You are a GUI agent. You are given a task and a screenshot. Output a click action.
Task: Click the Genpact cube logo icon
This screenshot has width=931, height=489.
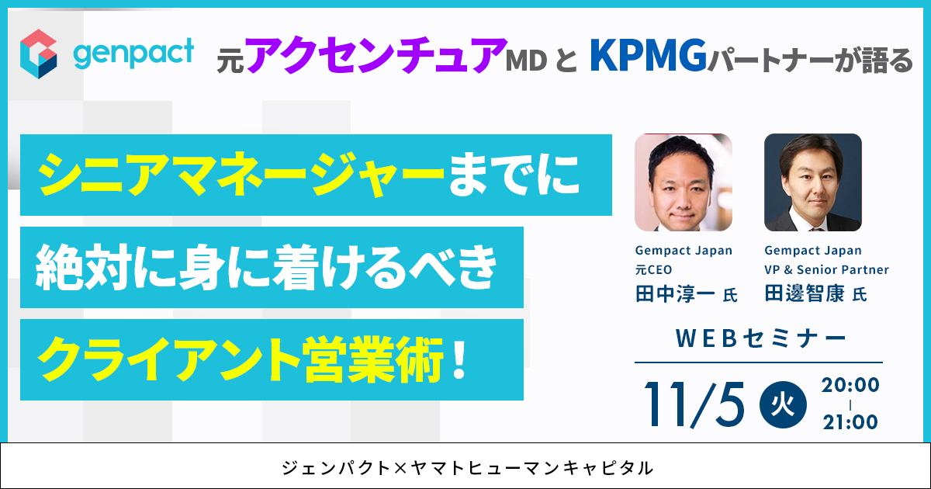[x=39, y=54]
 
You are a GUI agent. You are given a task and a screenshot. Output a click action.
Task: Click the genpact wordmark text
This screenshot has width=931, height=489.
[x=133, y=54]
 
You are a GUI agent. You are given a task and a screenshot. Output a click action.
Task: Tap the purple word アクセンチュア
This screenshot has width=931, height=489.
[x=376, y=54]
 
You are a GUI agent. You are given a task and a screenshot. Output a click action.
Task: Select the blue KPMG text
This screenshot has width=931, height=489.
[x=649, y=55]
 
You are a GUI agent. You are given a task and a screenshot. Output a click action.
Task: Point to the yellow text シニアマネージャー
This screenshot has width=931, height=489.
[x=241, y=175]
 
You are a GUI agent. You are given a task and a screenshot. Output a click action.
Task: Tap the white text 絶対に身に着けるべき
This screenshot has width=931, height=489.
[x=266, y=267]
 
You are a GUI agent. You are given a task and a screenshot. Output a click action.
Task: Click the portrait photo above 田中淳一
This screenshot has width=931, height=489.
[x=684, y=182]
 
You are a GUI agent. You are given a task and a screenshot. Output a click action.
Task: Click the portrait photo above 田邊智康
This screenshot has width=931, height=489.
[x=813, y=182]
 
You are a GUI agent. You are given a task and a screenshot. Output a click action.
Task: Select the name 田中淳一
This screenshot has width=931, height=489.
[x=675, y=294]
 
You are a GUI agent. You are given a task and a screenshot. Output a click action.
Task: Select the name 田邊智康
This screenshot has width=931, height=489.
[x=805, y=294]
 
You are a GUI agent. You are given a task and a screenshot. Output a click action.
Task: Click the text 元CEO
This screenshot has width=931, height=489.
[x=653, y=270]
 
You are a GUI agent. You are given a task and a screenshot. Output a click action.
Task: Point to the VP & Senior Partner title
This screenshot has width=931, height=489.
[x=827, y=270]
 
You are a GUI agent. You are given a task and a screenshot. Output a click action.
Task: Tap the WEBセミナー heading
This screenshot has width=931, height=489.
[x=760, y=338]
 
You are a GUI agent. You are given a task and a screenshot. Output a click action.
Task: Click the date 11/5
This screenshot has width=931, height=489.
[x=694, y=404]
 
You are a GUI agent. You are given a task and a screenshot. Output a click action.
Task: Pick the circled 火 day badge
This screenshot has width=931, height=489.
[x=783, y=404]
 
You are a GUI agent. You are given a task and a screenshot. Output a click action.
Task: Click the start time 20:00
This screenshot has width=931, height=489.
[x=850, y=385]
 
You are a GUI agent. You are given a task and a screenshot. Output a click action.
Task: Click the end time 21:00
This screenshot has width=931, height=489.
[x=850, y=422]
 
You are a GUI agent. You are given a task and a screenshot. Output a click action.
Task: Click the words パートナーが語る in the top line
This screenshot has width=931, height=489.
[x=810, y=60]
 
